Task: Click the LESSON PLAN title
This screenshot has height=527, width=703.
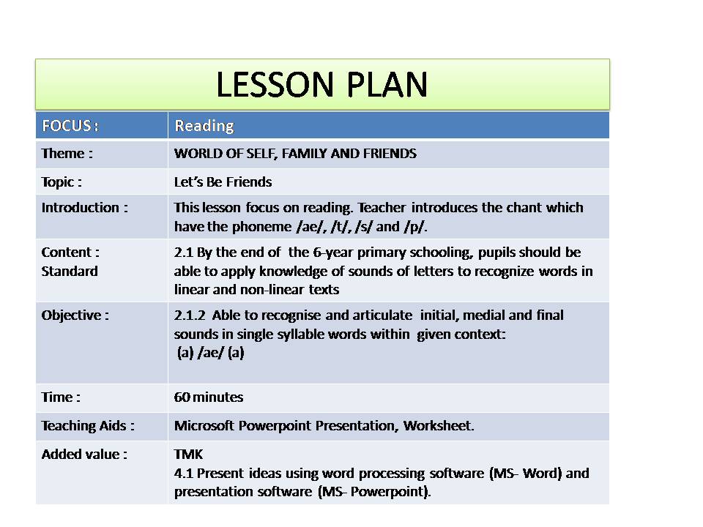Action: click(321, 86)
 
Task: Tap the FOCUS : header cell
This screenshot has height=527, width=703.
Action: click(70, 125)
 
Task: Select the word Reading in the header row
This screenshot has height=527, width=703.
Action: click(204, 126)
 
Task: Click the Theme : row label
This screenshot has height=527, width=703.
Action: click(67, 154)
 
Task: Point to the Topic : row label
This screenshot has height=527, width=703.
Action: click(62, 182)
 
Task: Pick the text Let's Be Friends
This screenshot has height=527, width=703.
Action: click(223, 182)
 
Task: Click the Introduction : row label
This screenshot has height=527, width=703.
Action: click(84, 207)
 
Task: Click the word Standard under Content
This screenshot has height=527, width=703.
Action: click(70, 271)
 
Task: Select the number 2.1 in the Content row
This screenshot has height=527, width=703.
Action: click(183, 253)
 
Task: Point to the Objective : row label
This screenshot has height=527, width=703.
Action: click(75, 315)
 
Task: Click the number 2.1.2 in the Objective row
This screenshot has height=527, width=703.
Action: click(190, 315)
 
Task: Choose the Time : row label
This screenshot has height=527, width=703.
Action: click(61, 397)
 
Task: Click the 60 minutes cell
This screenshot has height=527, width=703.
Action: click(209, 397)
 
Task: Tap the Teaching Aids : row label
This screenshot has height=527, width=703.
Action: click(88, 425)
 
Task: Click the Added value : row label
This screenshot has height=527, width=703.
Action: click(84, 454)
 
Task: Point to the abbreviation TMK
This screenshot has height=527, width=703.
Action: click(188, 455)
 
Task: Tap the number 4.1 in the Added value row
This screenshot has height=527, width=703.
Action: click(183, 473)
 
